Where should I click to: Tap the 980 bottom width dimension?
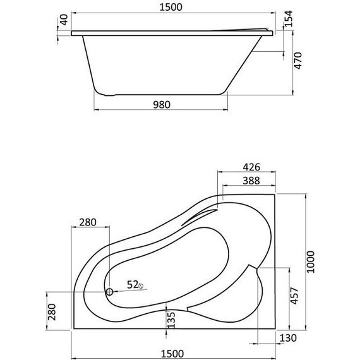point(161,105)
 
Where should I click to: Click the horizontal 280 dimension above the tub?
point(88,222)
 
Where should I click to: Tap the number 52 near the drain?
point(131,284)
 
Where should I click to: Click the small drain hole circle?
point(109,292)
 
